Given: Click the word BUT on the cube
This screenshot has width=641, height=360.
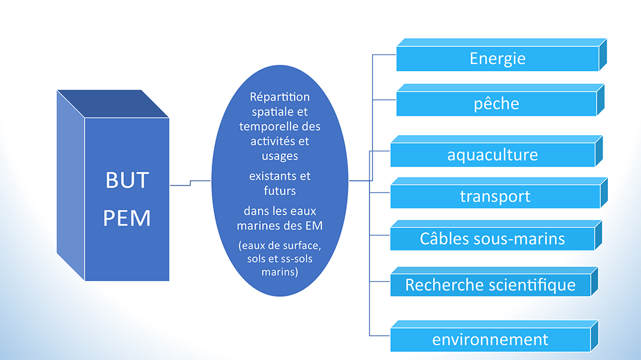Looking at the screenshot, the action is pyautogui.click(x=127, y=180).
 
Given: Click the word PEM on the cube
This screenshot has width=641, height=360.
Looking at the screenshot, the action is pyautogui.click(x=127, y=218).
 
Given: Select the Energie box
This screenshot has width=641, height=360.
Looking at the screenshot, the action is pyautogui.click(x=501, y=54).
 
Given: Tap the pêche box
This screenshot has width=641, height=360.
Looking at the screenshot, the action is pyautogui.click(x=500, y=100).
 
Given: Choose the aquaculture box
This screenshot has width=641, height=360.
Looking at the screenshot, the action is pyautogui.click(x=497, y=151).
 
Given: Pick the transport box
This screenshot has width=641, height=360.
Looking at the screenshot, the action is pyautogui.click(x=499, y=193).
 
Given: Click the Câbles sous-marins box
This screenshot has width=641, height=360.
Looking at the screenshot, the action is pyautogui.click(x=496, y=235).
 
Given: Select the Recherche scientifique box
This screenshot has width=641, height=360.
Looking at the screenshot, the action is pyautogui.click(x=494, y=282).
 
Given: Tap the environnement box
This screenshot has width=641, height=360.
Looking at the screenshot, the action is pyautogui.click(x=494, y=336).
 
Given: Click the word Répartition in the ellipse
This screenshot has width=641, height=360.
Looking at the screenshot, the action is pyautogui.click(x=280, y=97).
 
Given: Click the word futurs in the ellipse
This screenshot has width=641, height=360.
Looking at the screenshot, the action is pyautogui.click(x=280, y=191).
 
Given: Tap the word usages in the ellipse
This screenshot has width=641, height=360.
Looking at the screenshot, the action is pyautogui.click(x=280, y=157).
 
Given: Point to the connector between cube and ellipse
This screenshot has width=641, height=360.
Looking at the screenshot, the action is pyautogui.click(x=190, y=183).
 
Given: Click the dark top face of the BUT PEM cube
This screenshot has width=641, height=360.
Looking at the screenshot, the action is pyautogui.click(x=113, y=104).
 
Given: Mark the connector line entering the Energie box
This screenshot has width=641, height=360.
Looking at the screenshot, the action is pyautogui.click(x=384, y=54).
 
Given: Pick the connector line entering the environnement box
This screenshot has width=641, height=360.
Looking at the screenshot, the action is pyautogui.click(x=380, y=336).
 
